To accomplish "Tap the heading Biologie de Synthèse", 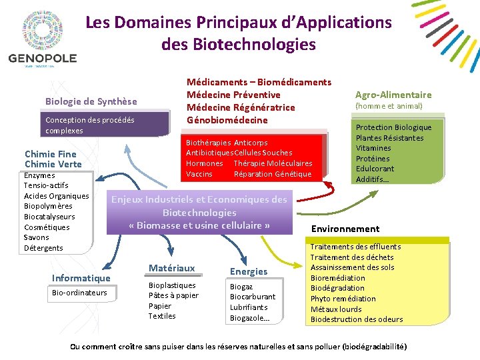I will pyautogui.click(x=91, y=101).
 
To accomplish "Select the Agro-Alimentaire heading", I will pyautogui.click(x=393, y=95).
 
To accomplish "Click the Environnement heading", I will pyautogui.click(x=345, y=229).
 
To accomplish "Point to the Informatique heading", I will pyautogui.click(x=81, y=278).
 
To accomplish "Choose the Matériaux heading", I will pyautogui.click(x=171, y=268).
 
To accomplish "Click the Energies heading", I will pyautogui.click(x=248, y=271).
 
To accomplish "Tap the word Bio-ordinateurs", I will pyautogui.click(x=79, y=293).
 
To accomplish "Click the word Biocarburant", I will pyautogui.click(x=253, y=297).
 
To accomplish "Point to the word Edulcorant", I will pyautogui.click(x=375, y=169).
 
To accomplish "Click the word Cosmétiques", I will pyautogui.click(x=47, y=227).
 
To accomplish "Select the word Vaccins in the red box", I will pyautogui.click(x=199, y=174).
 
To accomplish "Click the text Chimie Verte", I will pyautogui.click(x=53, y=164).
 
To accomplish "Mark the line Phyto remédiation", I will pyautogui.click(x=343, y=299).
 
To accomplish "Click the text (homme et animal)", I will pyautogui.click(x=389, y=106).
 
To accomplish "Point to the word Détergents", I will pyautogui.click(x=43, y=248).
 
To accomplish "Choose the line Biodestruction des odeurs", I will pyautogui.click(x=357, y=319).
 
